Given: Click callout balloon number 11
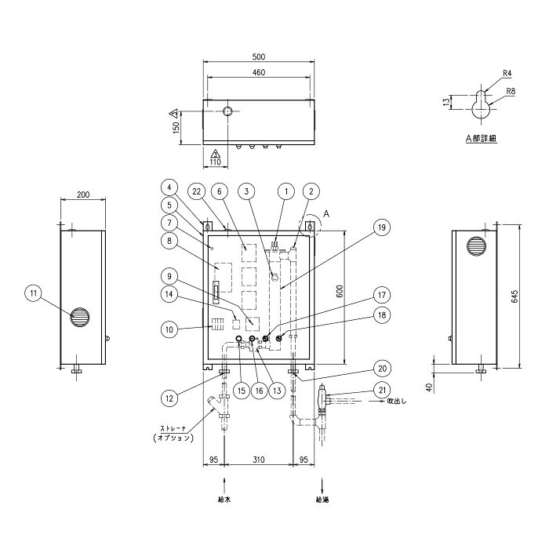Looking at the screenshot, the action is [33, 293].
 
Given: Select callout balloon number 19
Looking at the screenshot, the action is [382, 227].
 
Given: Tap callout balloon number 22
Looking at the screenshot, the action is [196, 191].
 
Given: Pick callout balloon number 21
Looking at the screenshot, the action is [382, 390].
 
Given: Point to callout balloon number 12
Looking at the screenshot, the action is [169, 398].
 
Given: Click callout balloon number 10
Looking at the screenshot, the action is [169, 329].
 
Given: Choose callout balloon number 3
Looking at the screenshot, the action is [247, 191].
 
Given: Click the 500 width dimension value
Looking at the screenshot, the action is [259, 56].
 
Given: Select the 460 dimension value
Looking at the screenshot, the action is [259, 72].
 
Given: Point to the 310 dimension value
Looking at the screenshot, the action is [259, 460].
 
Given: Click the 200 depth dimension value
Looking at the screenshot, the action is [83, 195].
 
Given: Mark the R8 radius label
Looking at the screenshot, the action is [511, 92].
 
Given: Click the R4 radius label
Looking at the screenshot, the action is [507, 74].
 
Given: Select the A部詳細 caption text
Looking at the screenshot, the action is [481, 138].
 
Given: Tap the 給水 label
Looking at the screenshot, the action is [224, 500].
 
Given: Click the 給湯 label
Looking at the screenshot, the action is [322, 500].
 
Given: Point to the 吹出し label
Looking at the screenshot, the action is [396, 402].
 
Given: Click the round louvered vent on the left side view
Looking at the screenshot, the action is [79, 318].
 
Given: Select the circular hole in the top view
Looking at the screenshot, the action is [228, 111].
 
